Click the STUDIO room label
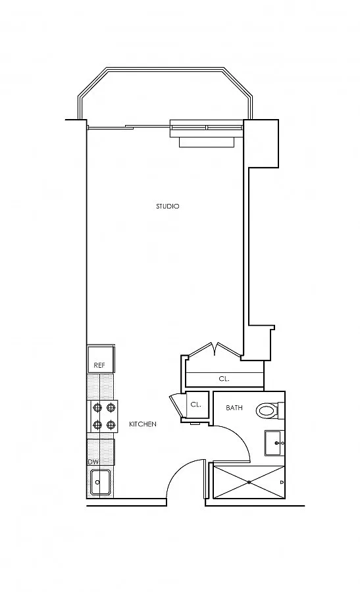click(x=167, y=206)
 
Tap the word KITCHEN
click(x=143, y=424)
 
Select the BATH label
click(x=234, y=408)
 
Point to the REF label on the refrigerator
click(x=99, y=366)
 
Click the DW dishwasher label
click(x=93, y=462)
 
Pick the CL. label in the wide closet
click(x=224, y=379)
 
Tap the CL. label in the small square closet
click(x=195, y=405)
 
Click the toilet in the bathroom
click(x=270, y=410)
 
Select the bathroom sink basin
click(x=274, y=443)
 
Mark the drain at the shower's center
click(x=249, y=482)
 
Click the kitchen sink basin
click(x=100, y=482)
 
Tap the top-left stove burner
click(x=97, y=407)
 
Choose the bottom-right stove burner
click(x=111, y=425)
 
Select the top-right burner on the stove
click(x=111, y=407)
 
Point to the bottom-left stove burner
click(x=97, y=425)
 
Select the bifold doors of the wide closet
click(x=215, y=349)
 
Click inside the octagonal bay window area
click(x=165, y=98)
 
